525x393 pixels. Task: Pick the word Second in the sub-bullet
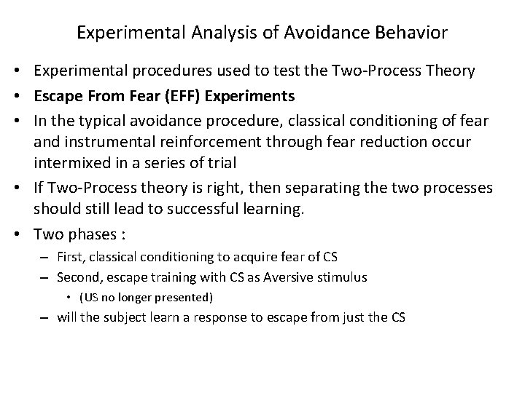tap(78, 277)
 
